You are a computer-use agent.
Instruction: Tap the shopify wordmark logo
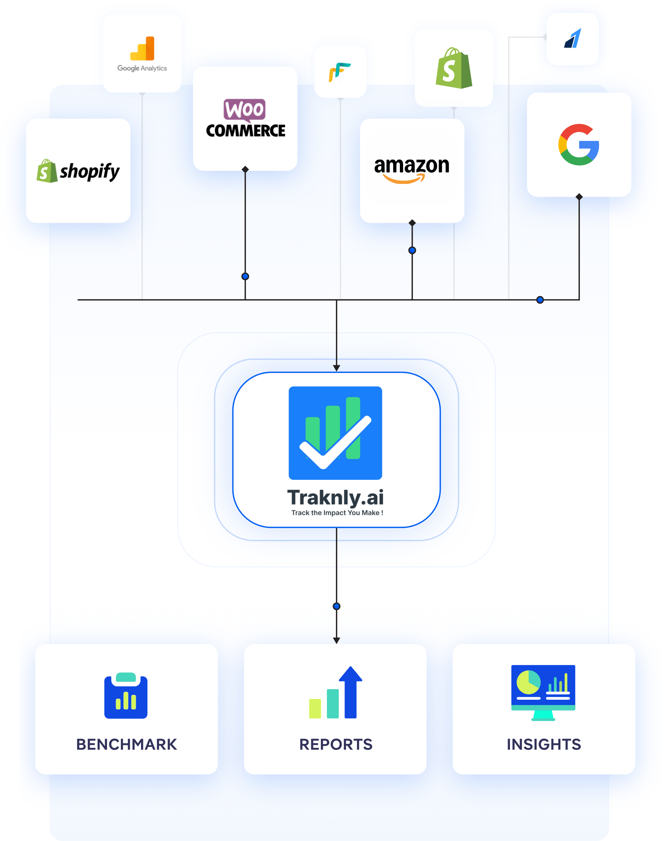[78, 171]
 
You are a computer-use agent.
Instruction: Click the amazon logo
[412, 169]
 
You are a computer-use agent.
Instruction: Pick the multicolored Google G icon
[578, 145]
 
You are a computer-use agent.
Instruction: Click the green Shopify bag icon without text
[454, 68]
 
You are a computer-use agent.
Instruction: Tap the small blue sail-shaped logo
[573, 38]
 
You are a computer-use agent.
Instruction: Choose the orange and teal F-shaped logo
[340, 72]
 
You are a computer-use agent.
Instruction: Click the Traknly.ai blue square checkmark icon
[335, 433]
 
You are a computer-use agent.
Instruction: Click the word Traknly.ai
[335, 497]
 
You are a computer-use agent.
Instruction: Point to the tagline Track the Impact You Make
[337, 513]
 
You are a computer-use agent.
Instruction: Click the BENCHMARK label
[126, 744]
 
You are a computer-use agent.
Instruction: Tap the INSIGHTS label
[544, 744]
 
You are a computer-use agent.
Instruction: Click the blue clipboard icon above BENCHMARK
[126, 695]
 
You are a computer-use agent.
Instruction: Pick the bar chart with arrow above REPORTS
[336, 693]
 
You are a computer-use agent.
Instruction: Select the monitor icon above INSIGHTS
[543, 692]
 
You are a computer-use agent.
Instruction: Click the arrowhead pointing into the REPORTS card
[337, 640]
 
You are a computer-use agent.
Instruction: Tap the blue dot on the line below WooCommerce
[245, 277]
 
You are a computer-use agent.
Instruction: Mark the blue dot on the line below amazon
[412, 250]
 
